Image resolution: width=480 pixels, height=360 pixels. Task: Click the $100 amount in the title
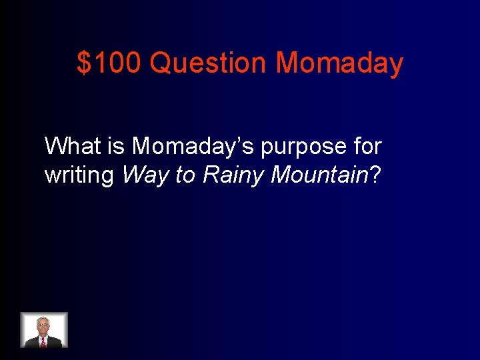tap(109, 63)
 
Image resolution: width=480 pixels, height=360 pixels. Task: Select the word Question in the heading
tap(208, 63)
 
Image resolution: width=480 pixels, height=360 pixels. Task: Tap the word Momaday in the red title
tap(339, 63)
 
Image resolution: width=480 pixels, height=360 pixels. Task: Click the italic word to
tap(186, 175)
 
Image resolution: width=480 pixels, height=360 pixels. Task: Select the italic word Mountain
tap(318, 175)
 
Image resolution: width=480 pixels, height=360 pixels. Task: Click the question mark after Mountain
tap(375, 175)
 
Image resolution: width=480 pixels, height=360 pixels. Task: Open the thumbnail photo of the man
tap(43, 330)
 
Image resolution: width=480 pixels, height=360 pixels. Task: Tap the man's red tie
tap(43, 342)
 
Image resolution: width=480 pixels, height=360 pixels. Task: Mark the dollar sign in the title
tap(84, 63)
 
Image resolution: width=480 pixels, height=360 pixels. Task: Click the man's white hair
tap(43, 319)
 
